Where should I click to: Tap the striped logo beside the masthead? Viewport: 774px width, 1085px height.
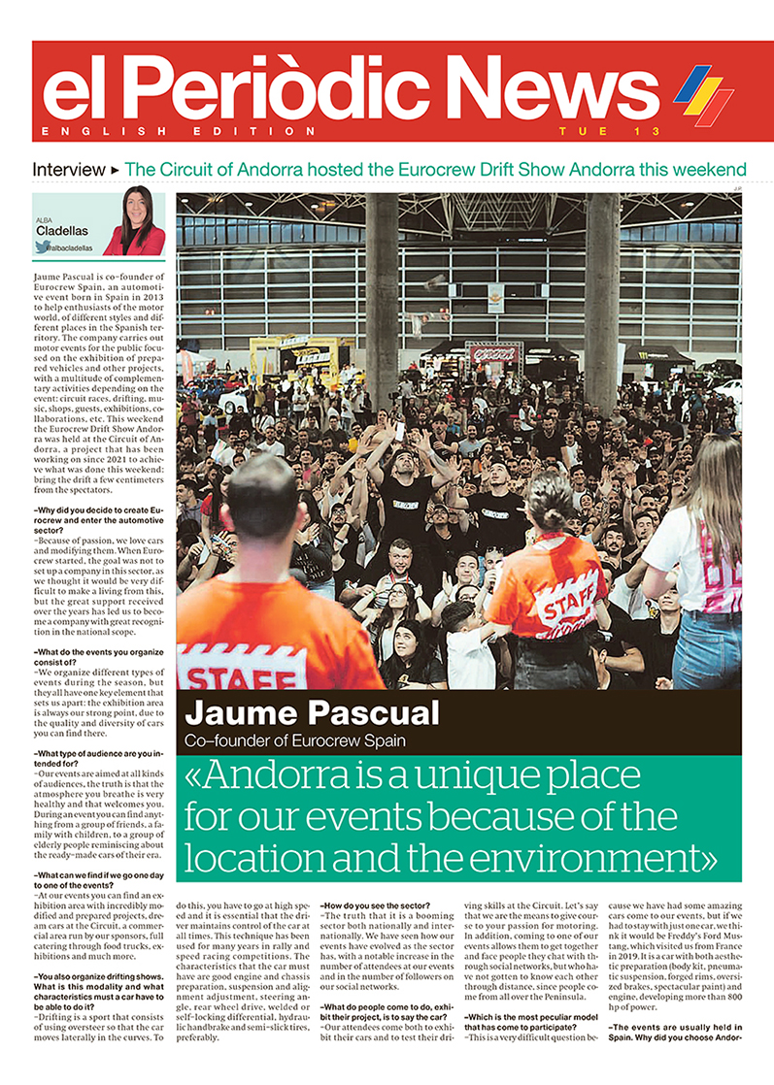[705, 93]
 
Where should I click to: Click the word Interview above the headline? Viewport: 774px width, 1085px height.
[68, 169]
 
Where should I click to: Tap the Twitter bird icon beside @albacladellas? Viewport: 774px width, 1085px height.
[41, 247]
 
